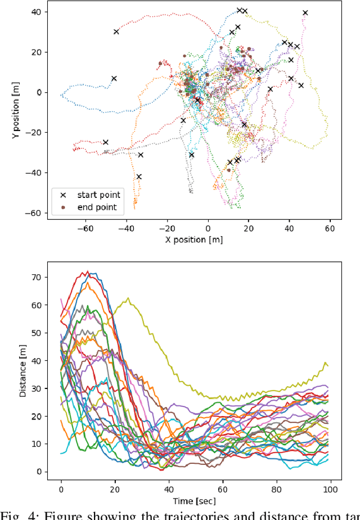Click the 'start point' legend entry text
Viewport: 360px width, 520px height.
98,195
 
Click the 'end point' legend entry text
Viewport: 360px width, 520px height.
97,207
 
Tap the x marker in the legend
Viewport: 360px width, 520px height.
63,195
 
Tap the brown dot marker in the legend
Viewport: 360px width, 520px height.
63,207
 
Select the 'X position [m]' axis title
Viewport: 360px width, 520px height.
194,239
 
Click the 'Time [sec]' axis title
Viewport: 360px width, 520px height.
194,500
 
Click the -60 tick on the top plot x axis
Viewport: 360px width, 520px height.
86,228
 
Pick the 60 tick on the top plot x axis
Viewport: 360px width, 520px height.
330,228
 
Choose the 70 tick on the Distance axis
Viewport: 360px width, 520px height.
36,278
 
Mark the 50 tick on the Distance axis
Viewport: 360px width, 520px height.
36,333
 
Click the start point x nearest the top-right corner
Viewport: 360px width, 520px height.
305,12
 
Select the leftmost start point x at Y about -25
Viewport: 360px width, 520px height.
105,142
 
